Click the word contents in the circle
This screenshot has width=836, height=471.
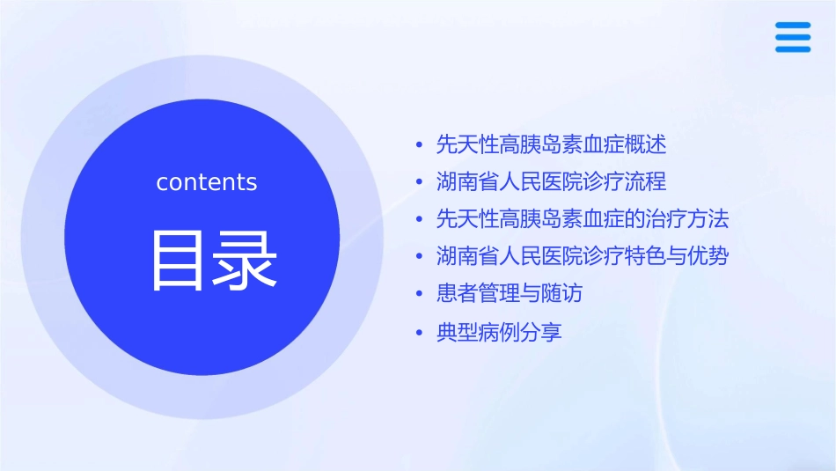[207, 182]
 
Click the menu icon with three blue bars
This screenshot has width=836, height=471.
[792, 37]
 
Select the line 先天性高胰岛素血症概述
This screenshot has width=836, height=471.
[551, 144]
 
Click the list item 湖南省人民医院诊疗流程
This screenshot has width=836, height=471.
[551, 181]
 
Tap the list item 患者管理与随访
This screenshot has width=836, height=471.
[509, 293]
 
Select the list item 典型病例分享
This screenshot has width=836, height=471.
[498, 332]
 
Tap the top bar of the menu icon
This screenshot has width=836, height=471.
[792, 25]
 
